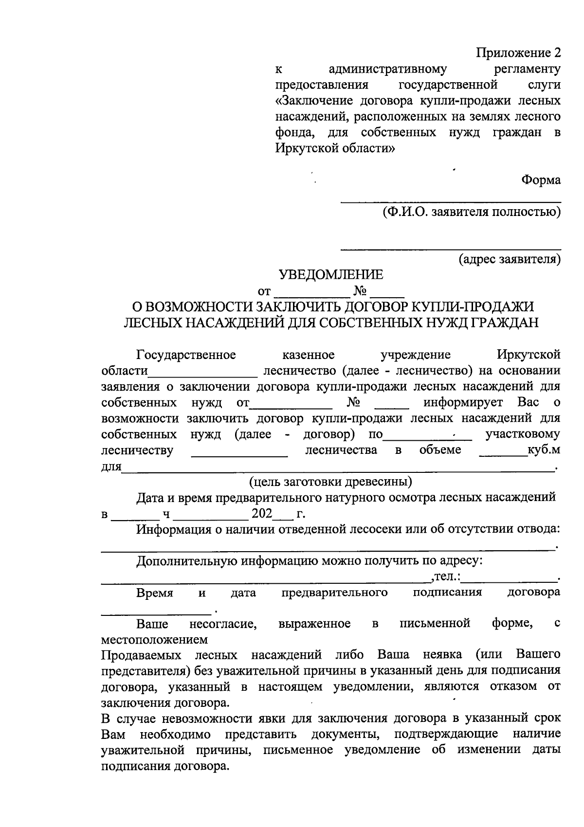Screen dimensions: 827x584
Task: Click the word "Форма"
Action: [541, 180]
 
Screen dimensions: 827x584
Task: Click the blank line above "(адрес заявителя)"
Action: [451, 249]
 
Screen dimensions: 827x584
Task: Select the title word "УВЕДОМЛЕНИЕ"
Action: [331, 275]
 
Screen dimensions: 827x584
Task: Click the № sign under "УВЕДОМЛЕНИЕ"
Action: [360, 291]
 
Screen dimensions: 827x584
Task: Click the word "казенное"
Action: [308, 355]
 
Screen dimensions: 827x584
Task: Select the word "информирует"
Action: [468, 402]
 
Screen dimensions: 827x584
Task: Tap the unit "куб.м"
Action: [544, 449]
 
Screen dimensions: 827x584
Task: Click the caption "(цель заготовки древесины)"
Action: [331, 482]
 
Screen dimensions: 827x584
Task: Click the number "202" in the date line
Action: [262, 514]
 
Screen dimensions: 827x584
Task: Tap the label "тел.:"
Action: [446, 577]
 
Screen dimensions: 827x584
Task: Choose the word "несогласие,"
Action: [223, 624]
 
